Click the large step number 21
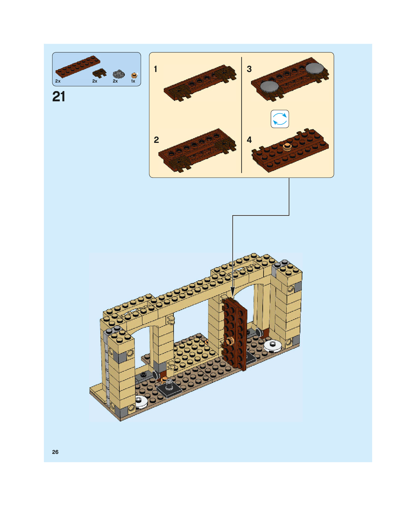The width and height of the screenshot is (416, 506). click(59, 97)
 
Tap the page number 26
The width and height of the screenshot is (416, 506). click(55, 452)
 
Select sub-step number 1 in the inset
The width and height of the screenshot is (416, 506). click(156, 69)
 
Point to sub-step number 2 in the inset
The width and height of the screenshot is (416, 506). click(156, 140)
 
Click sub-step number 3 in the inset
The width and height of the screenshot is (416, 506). click(249, 69)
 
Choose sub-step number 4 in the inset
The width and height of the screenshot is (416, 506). click(249, 140)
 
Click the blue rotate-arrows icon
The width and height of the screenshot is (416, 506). click(280, 119)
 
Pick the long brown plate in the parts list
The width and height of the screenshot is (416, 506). click(78, 67)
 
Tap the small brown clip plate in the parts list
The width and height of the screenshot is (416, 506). click(100, 73)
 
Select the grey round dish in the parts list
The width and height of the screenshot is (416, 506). click(119, 74)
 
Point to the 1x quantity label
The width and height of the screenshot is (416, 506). click(133, 81)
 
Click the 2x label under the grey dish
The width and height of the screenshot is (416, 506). click(115, 81)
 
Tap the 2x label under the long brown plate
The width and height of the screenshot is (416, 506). click(58, 81)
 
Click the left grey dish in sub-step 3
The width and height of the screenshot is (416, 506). click(269, 86)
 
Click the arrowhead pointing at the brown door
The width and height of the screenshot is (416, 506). click(233, 293)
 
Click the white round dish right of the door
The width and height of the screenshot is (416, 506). click(273, 345)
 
